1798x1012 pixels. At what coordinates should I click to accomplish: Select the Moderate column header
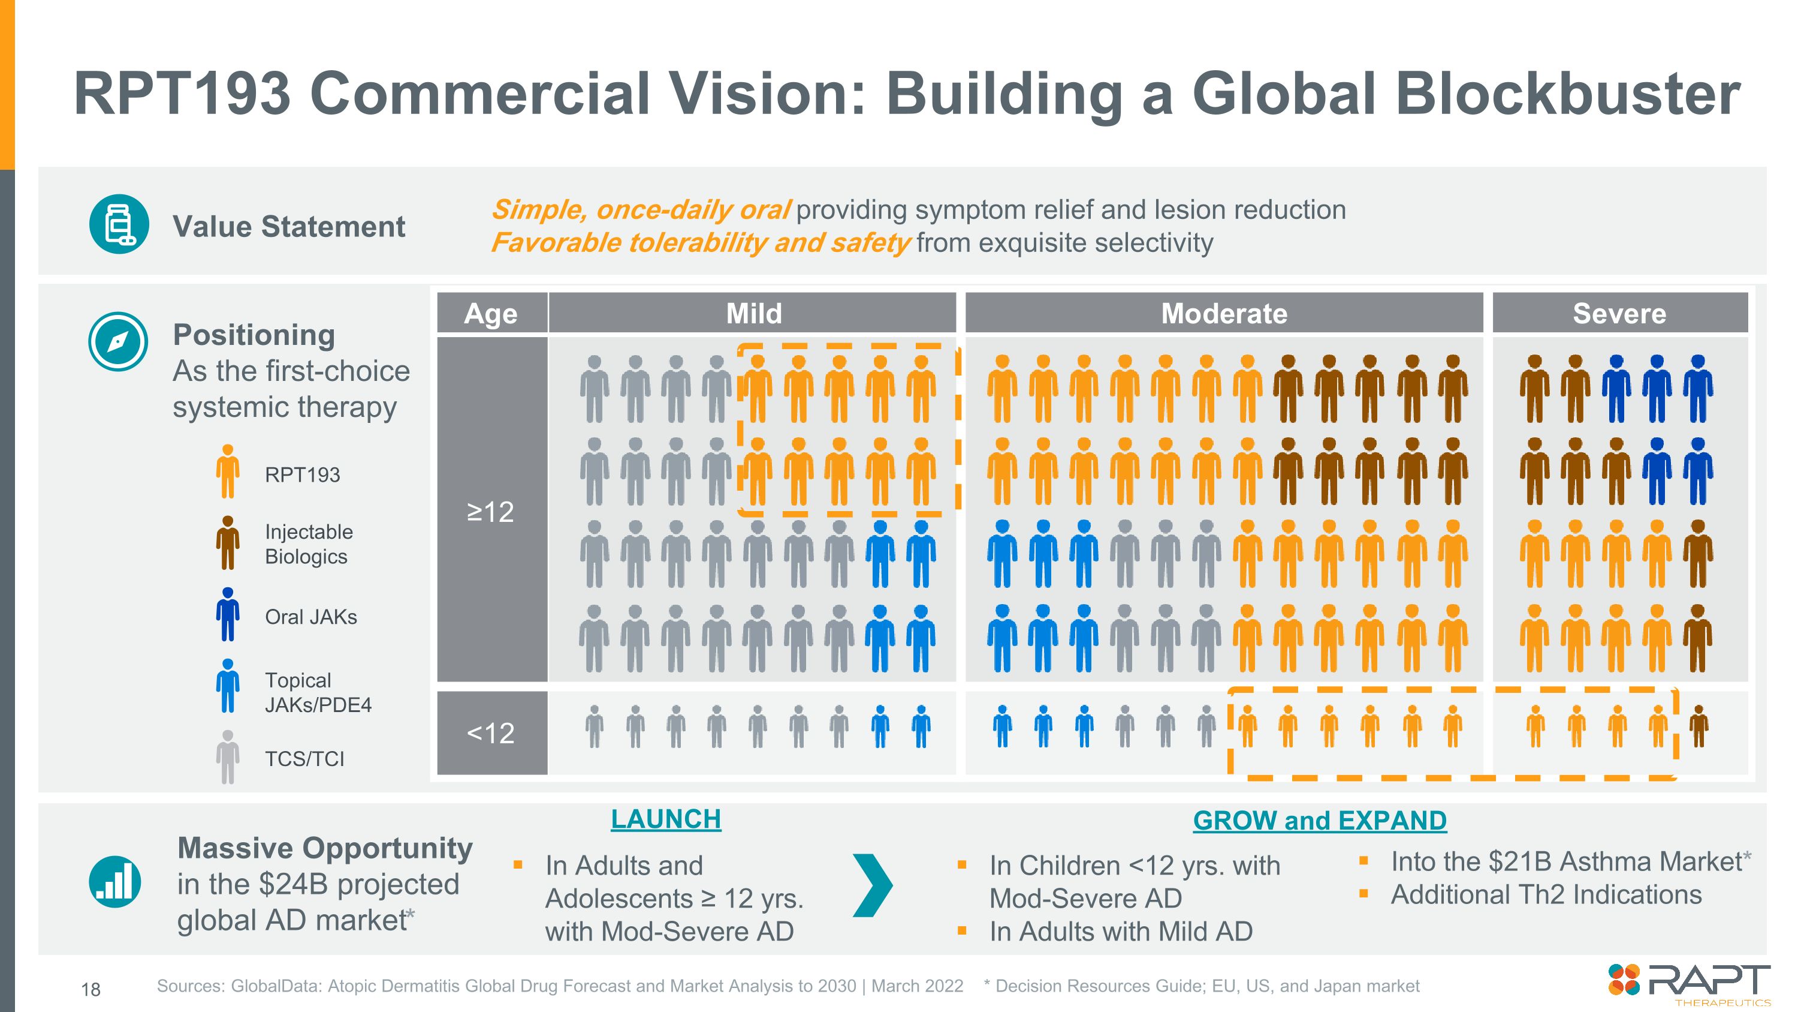click(x=1224, y=314)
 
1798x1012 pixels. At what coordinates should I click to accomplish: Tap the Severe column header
click(x=1619, y=314)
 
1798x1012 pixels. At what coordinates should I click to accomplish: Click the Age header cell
click(x=491, y=314)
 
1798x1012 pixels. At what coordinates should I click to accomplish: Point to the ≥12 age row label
click(x=491, y=511)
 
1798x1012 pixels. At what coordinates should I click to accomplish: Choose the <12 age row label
click(x=491, y=732)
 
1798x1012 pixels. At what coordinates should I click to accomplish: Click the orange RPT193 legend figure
click(x=228, y=472)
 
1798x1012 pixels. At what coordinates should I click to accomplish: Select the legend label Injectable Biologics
click(x=309, y=544)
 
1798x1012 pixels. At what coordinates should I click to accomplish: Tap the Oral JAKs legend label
click(x=310, y=617)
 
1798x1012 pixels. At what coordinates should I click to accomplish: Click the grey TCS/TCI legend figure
click(x=228, y=756)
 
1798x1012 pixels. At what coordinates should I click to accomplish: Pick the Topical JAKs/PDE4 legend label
click(x=318, y=692)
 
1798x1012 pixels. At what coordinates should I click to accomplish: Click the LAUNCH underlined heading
click(x=665, y=819)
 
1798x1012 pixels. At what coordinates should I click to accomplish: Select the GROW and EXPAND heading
click(x=1319, y=821)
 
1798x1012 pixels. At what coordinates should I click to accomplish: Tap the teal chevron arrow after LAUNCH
click(x=873, y=885)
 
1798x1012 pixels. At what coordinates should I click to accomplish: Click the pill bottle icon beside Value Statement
click(x=119, y=224)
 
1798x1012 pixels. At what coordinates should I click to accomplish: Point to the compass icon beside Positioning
click(x=118, y=341)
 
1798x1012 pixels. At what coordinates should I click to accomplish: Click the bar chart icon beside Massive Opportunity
click(x=115, y=881)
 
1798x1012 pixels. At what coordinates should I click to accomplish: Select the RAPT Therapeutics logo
click(x=1689, y=983)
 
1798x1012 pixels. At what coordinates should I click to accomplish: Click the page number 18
click(x=90, y=989)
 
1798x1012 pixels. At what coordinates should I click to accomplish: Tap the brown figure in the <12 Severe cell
click(x=1699, y=726)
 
